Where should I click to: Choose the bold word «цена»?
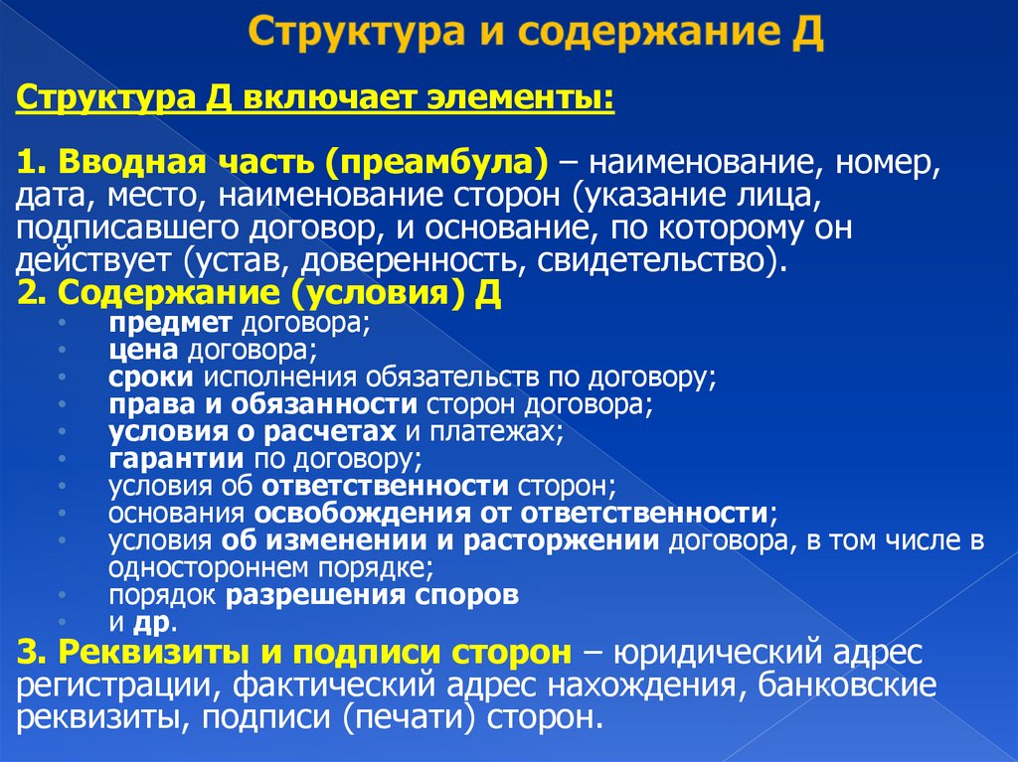pos(143,350)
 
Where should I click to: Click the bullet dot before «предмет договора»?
pos(62,324)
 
